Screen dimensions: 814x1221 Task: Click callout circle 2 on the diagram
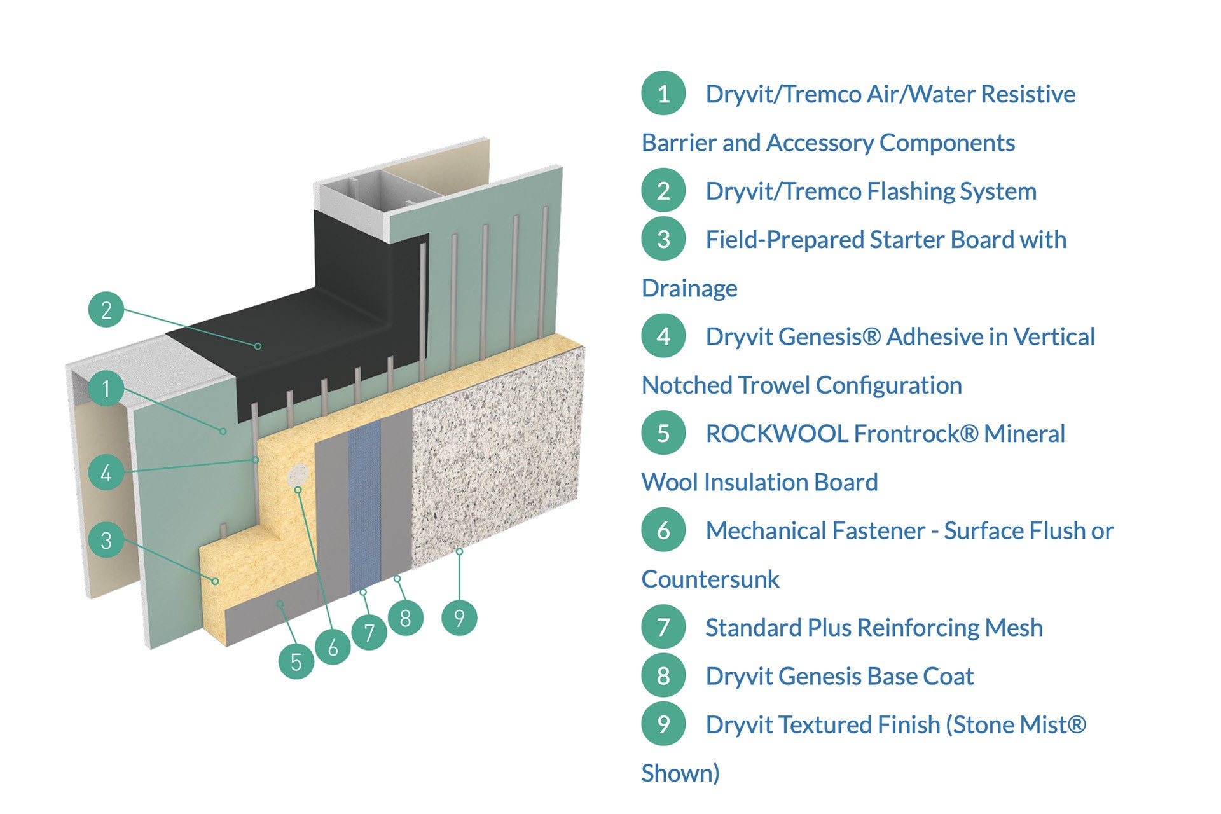click(x=106, y=310)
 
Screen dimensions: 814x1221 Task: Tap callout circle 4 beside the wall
click(x=106, y=472)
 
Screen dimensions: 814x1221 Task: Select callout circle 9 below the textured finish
click(x=459, y=617)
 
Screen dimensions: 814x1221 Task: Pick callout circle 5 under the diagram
click(x=296, y=661)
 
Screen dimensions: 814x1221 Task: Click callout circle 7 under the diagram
click(x=369, y=632)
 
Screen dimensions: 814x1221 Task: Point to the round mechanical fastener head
click(x=298, y=475)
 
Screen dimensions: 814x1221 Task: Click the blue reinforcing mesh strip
click(x=364, y=502)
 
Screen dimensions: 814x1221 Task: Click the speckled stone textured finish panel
click(x=496, y=458)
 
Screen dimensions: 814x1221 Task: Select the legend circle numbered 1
click(x=663, y=93)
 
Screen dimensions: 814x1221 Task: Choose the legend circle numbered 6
click(x=663, y=530)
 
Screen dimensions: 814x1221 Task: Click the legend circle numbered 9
click(x=663, y=724)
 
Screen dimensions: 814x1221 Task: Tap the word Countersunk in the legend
click(x=710, y=579)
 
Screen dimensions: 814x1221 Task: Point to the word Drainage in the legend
click(x=689, y=289)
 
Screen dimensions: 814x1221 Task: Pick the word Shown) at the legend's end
click(x=680, y=773)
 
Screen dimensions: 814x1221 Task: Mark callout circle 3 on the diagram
click(x=106, y=540)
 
